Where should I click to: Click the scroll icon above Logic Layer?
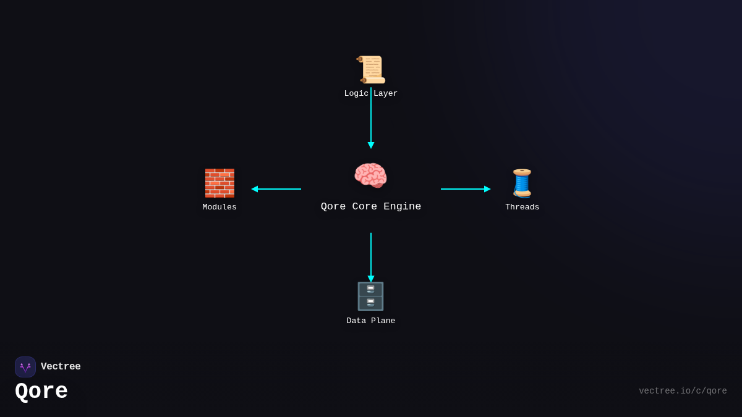coord(371,69)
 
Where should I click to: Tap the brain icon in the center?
coord(370,175)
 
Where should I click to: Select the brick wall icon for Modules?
coord(220,183)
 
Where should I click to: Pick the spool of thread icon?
coord(522,183)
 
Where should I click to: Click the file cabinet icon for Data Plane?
coord(370,296)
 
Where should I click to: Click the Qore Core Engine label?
coord(371,207)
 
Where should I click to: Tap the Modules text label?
coord(220,208)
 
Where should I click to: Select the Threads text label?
coord(522,208)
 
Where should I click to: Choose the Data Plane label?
coord(371,321)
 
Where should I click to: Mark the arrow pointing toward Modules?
coord(276,189)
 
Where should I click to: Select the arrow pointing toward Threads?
coord(465,189)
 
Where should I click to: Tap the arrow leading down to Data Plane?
coord(371,256)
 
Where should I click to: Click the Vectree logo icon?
coord(25,367)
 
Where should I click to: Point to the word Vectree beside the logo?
coord(61,367)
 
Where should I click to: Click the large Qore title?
coord(41,392)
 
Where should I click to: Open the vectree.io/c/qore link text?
coord(683,391)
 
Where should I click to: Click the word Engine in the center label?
coord(403,207)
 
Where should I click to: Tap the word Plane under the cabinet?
coord(383,321)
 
